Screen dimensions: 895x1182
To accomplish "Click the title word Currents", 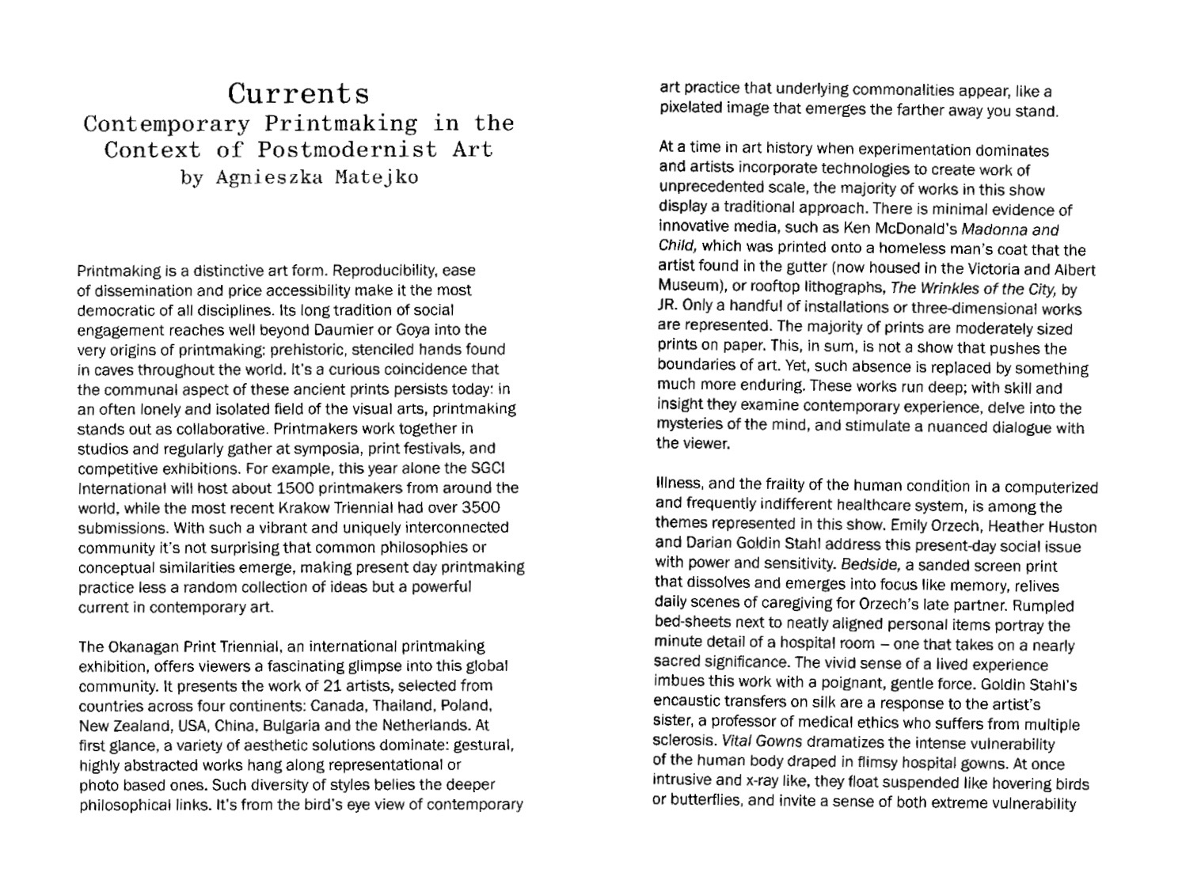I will tap(298, 94).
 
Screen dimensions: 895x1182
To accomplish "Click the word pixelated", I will tap(690, 108).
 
